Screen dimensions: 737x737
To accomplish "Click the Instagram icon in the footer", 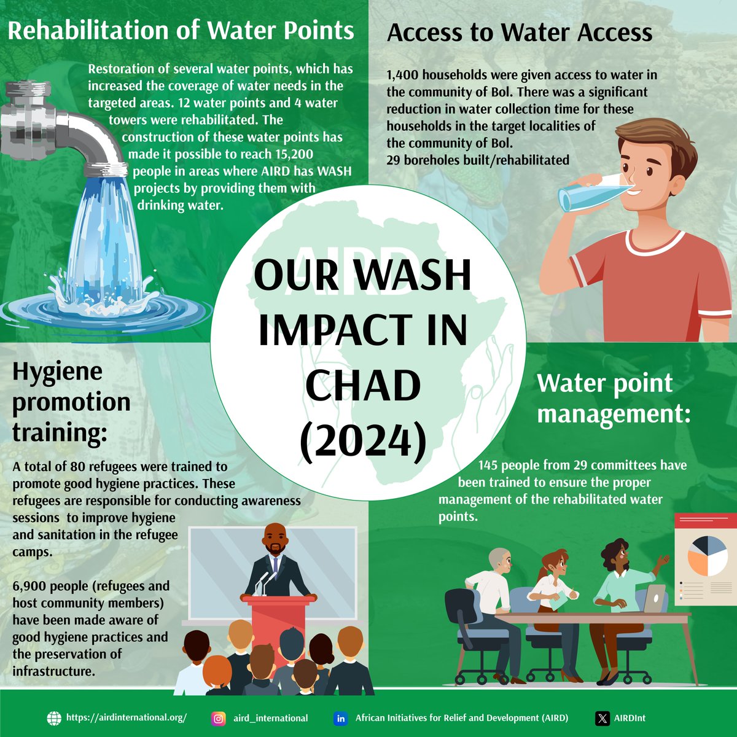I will [x=218, y=718].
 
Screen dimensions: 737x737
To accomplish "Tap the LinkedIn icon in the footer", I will [x=340, y=718].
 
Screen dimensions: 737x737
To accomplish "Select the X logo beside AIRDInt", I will [x=603, y=718].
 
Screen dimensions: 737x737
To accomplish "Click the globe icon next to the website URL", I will [x=55, y=718].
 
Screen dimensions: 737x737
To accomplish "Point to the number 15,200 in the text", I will [x=292, y=154].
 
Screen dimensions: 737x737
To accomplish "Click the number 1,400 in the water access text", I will [x=403, y=75].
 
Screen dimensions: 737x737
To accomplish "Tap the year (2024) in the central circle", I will [x=364, y=441].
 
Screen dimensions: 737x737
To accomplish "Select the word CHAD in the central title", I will [x=363, y=386].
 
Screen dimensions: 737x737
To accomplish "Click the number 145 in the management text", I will [x=491, y=465].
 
